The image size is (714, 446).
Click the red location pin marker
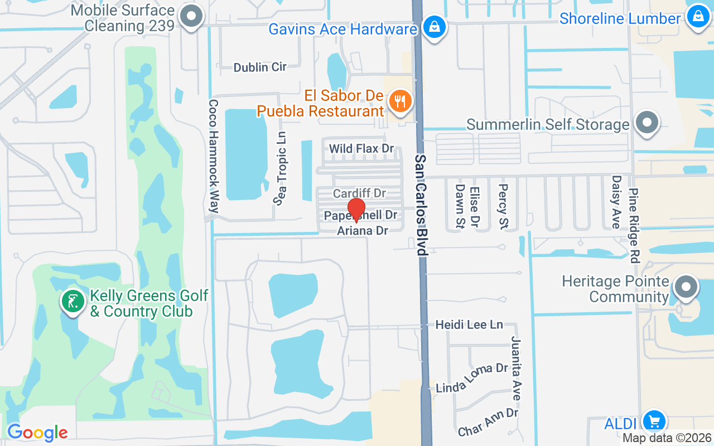tap(356, 210)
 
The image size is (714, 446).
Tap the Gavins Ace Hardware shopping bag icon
tap(433, 26)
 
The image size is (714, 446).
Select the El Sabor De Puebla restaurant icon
tap(400, 101)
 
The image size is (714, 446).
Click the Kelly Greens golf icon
tap(73, 301)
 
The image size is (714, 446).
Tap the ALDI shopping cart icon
tap(654, 421)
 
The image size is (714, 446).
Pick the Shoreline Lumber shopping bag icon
tap(697, 16)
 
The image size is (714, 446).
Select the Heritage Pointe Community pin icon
tap(686, 288)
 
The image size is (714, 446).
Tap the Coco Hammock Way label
tap(213, 156)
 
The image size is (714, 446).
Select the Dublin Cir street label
tap(260, 67)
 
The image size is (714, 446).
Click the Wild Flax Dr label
tap(361, 149)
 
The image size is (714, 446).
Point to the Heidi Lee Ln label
tap(469, 324)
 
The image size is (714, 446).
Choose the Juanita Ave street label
tap(517, 368)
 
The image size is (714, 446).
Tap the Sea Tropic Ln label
tap(280, 168)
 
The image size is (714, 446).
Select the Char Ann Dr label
tap(488, 423)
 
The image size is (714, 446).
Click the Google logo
tap(37, 433)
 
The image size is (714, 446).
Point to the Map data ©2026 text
tap(667, 438)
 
